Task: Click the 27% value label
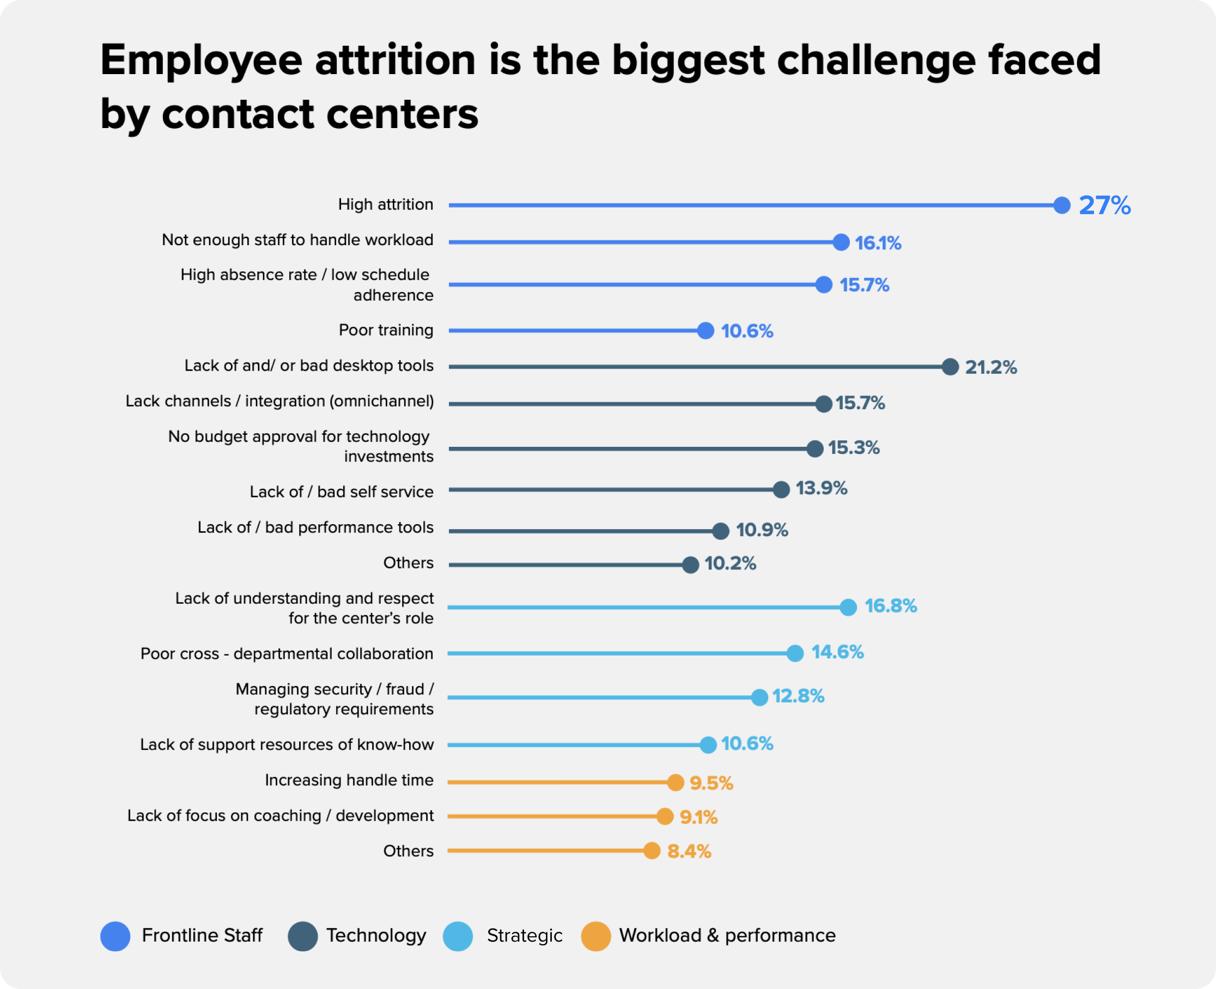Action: [1104, 205]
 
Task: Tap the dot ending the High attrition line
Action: [1062, 205]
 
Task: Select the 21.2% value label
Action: [990, 367]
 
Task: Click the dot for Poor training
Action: [706, 330]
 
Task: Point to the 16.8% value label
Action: [891, 606]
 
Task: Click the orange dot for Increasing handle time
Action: [676, 782]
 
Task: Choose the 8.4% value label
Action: [689, 852]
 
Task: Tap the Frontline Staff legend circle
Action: [115, 936]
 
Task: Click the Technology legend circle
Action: [302, 936]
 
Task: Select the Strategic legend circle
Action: [458, 936]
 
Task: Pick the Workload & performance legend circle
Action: [596, 936]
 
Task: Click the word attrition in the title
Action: [396, 60]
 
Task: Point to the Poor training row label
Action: [386, 330]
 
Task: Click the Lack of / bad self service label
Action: [341, 492]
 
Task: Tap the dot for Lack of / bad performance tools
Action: [720, 531]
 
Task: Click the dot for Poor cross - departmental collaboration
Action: [795, 653]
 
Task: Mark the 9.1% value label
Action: [698, 817]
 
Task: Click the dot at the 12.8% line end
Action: [759, 697]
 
